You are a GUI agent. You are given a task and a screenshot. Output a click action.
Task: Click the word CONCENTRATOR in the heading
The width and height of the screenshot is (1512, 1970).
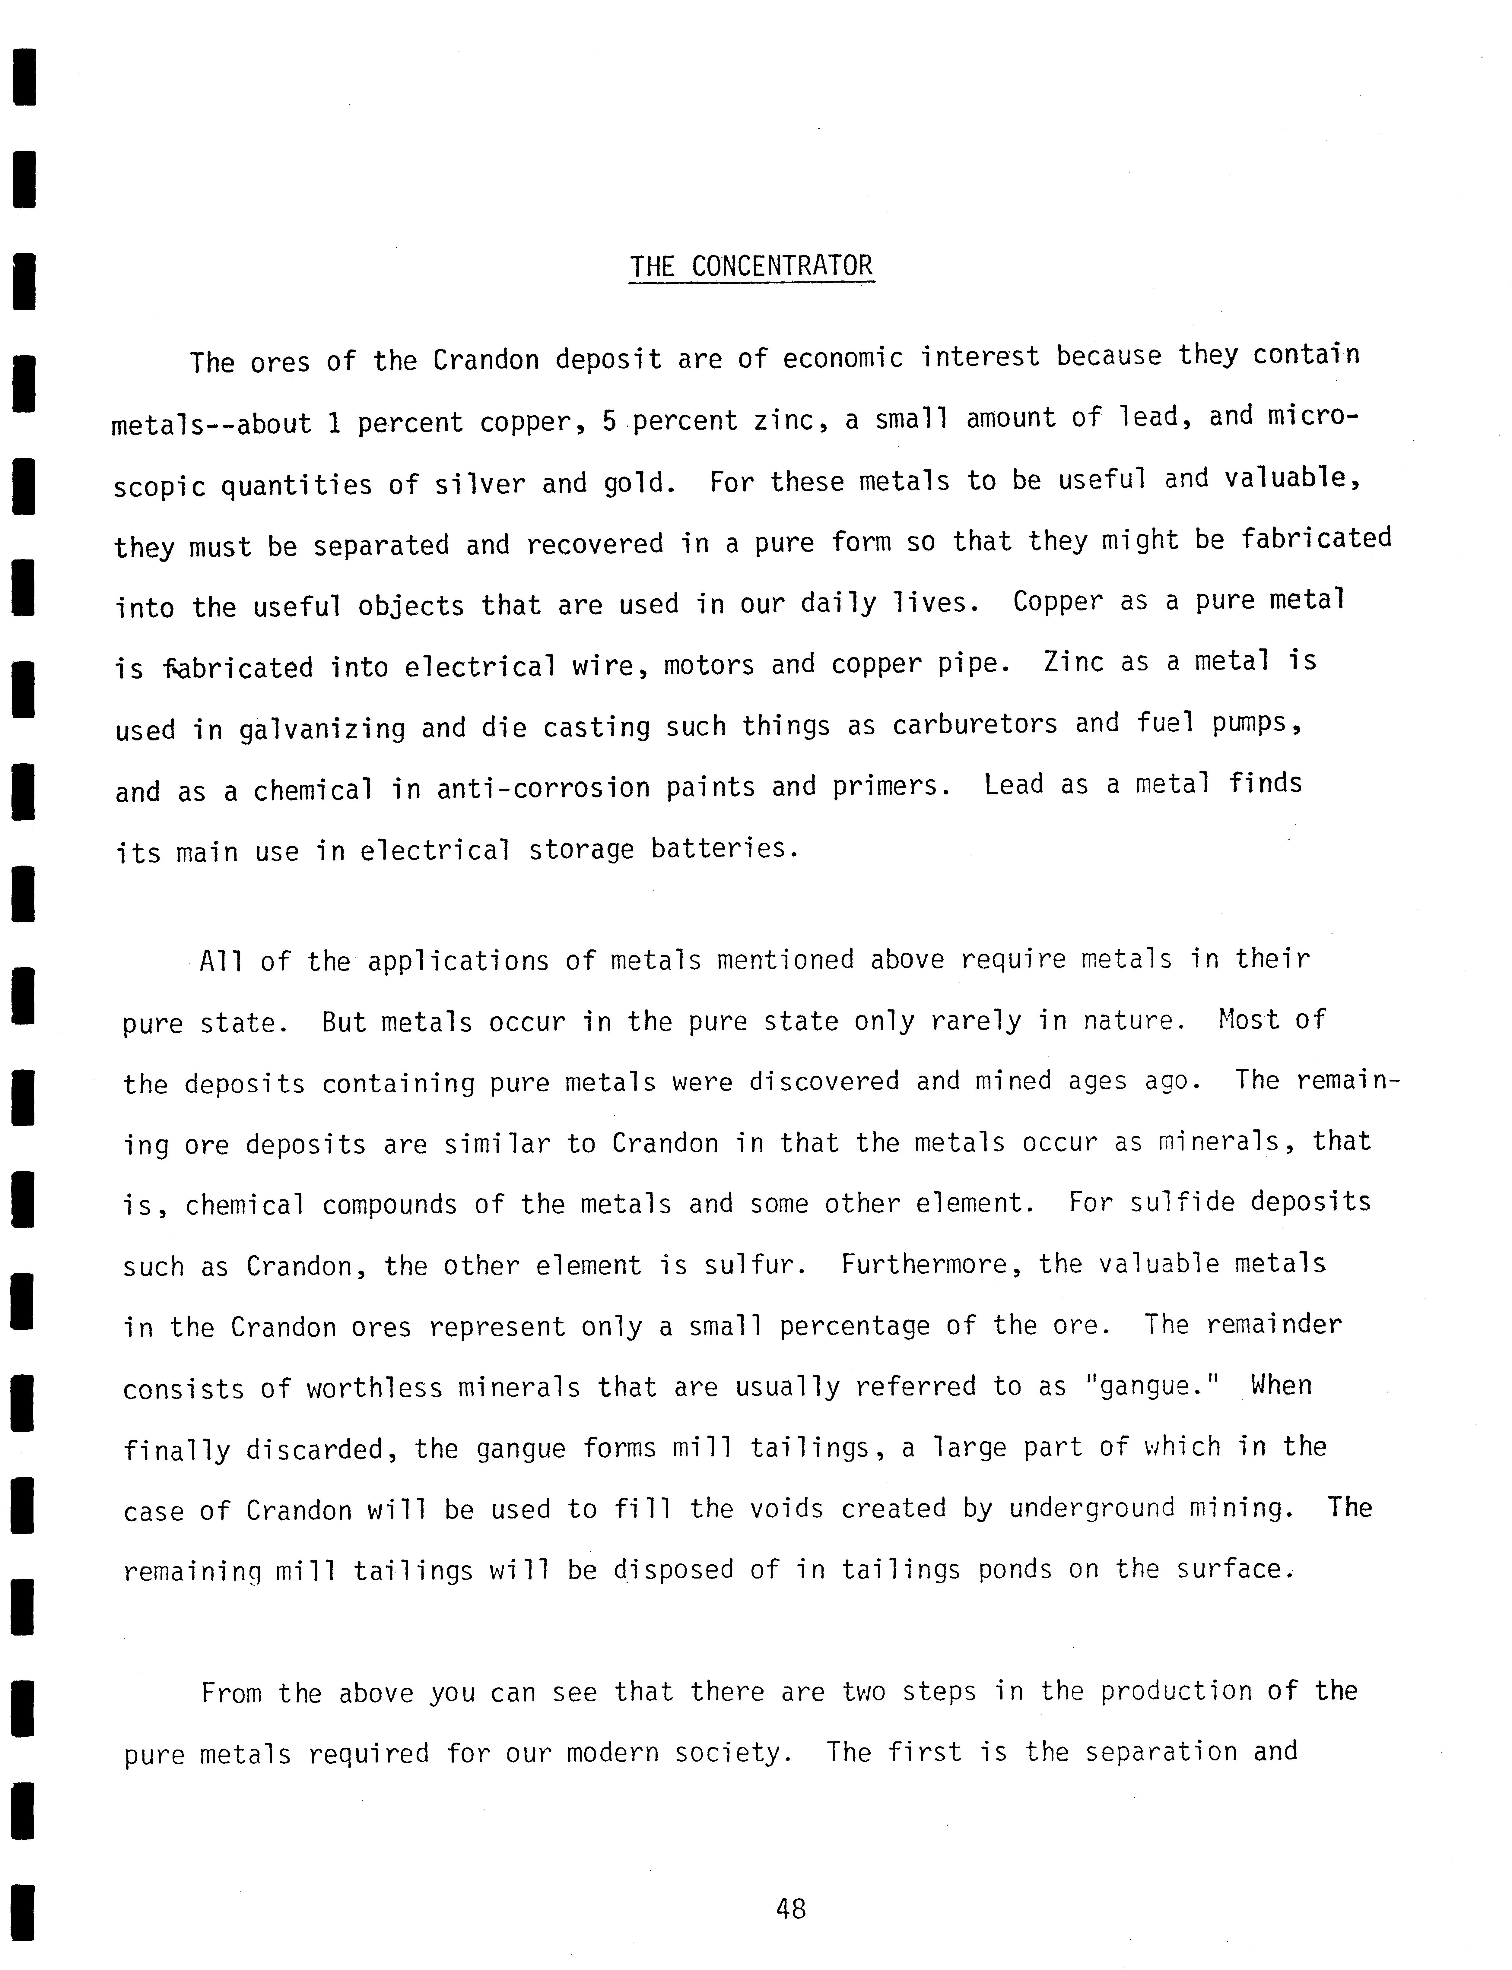[782, 266]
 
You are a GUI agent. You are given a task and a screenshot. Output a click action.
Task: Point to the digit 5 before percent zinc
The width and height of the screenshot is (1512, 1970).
[609, 420]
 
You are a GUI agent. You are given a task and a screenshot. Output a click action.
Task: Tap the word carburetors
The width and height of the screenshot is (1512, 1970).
[975, 724]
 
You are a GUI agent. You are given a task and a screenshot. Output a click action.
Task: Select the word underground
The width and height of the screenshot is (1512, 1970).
[1092, 1508]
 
